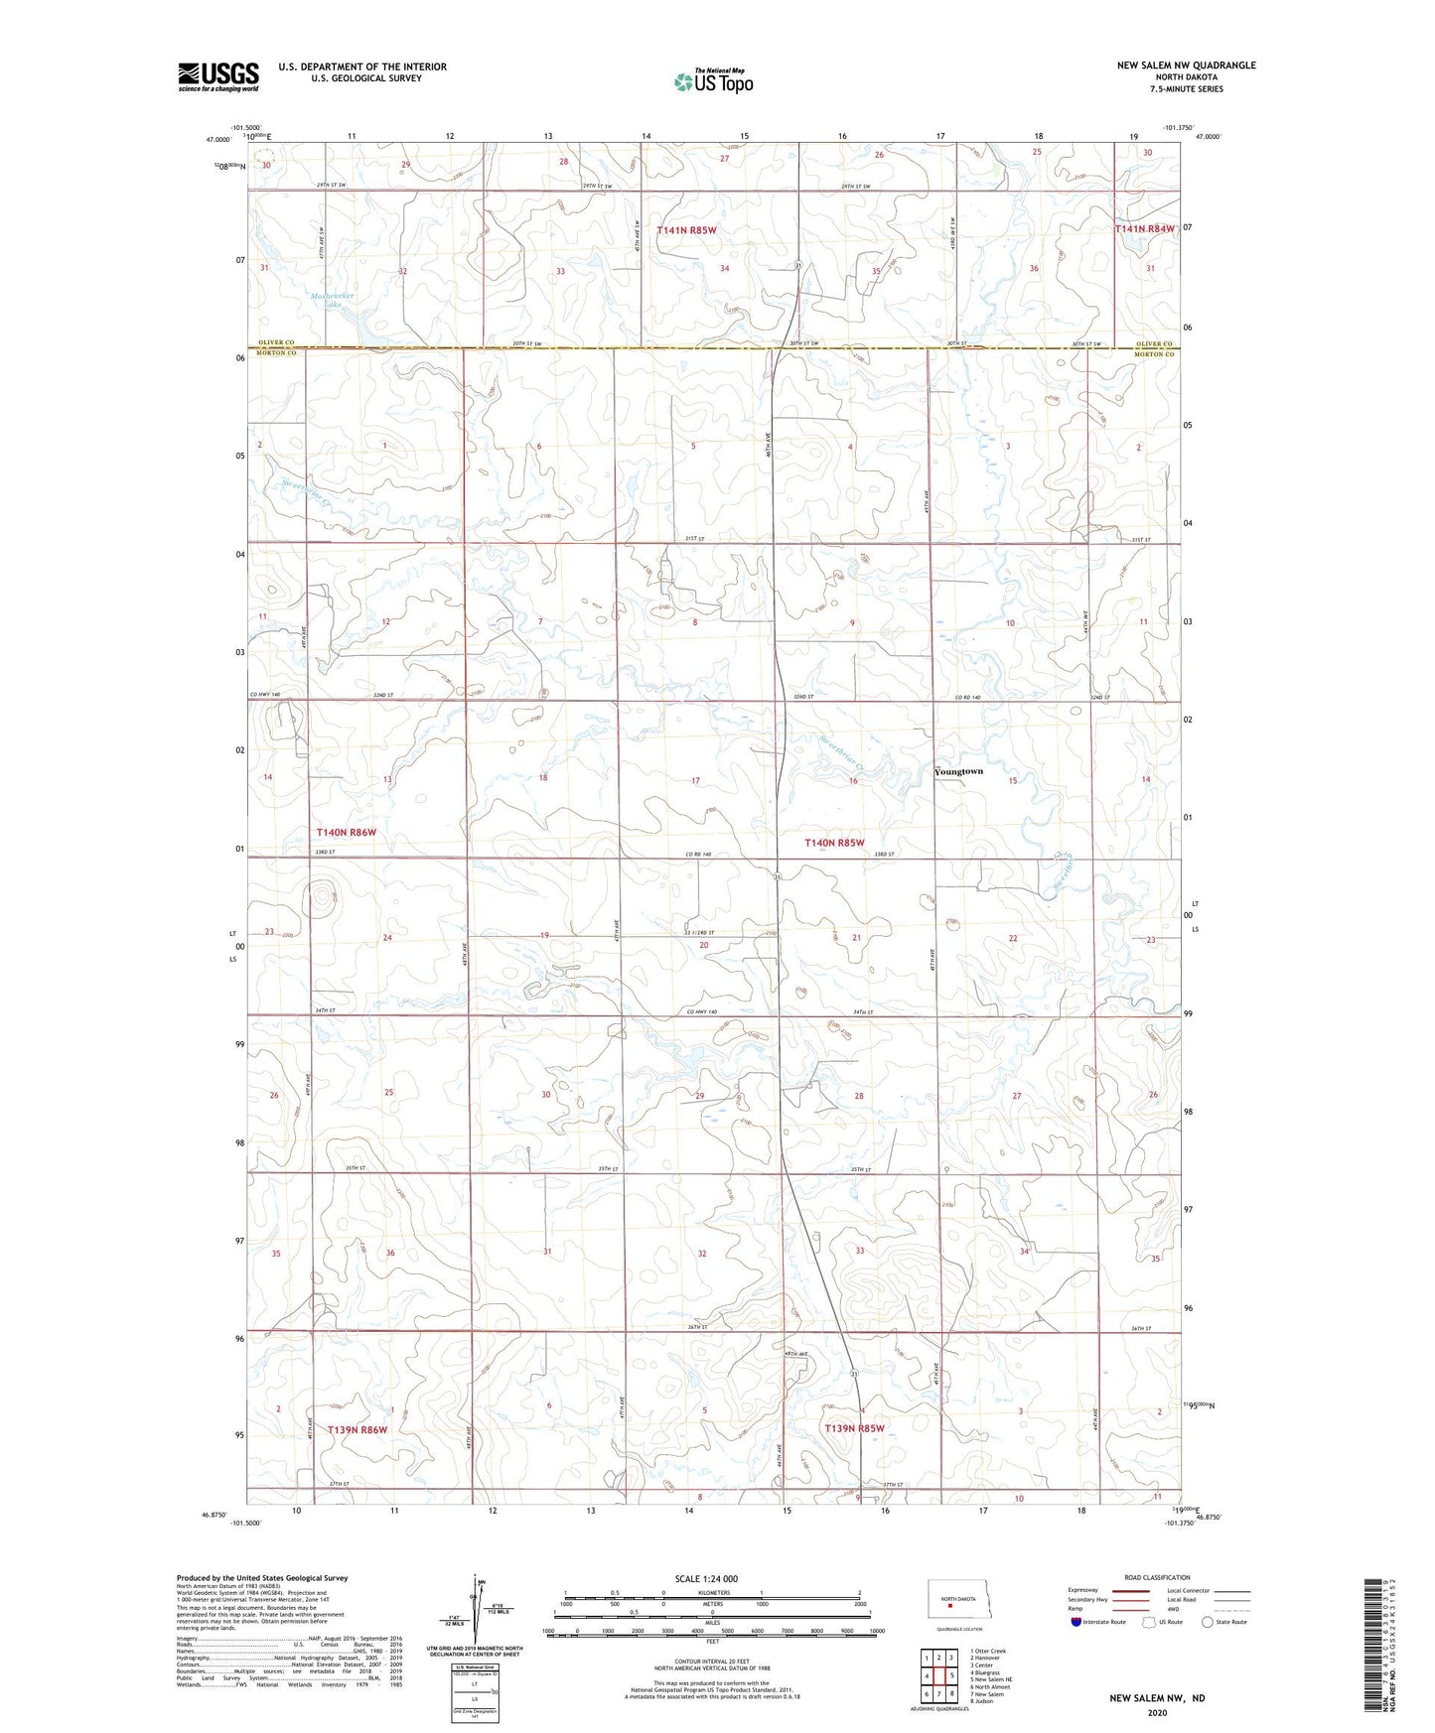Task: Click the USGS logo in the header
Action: [217, 76]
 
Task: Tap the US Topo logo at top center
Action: [712, 82]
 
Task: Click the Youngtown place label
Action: [958, 771]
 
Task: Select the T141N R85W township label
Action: [686, 229]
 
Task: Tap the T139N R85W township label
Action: [853, 1428]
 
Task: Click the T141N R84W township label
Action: [1144, 228]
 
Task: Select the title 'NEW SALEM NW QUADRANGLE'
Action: [1186, 66]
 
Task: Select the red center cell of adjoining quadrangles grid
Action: [938, 1675]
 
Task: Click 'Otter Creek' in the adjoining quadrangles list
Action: [990, 1652]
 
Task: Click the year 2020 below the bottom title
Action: [1156, 1712]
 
